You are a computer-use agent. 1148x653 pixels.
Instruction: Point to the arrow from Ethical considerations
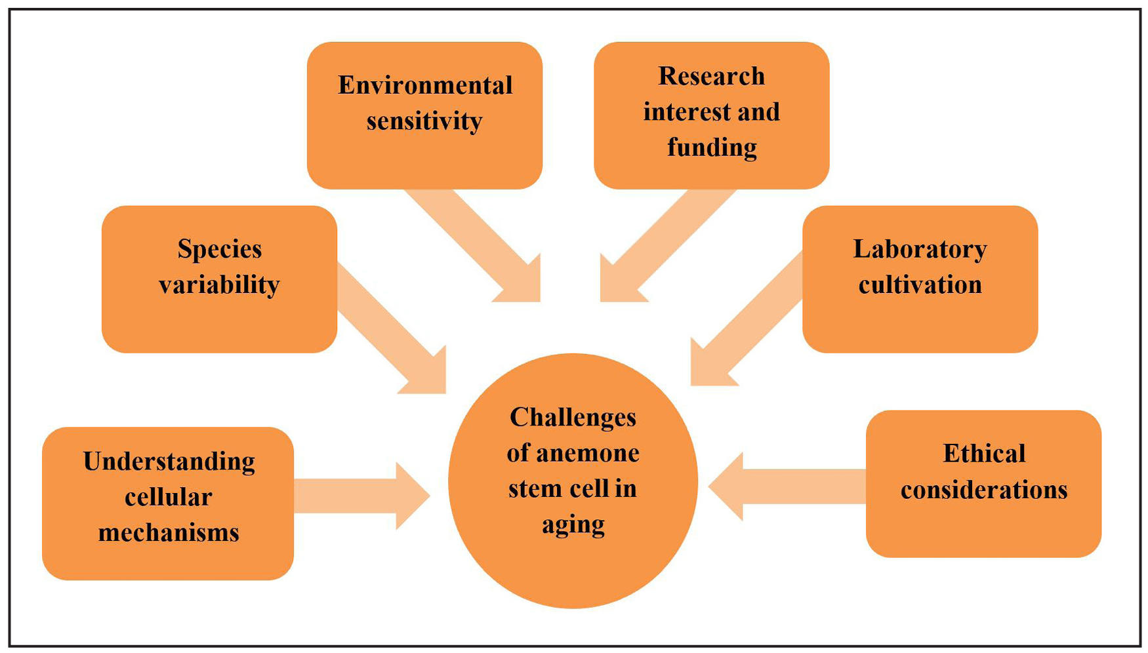tap(787, 486)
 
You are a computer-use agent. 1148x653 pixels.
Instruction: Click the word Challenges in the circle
tap(573, 418)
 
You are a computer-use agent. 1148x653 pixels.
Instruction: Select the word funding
tap(712, 148)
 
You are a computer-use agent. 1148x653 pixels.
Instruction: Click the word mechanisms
tap(169, 532)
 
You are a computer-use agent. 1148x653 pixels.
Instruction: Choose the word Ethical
tap(983, 454)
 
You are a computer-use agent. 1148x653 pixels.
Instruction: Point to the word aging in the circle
tap(573, 524)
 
